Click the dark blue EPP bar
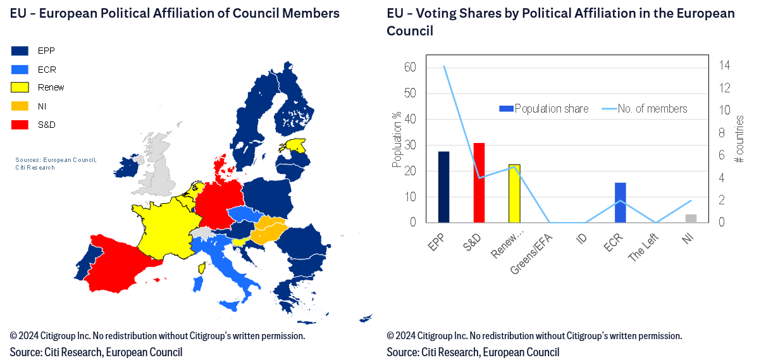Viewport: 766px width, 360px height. [443, 187]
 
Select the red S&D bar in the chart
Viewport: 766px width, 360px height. [479, 183]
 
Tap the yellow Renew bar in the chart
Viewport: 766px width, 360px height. [514, 194]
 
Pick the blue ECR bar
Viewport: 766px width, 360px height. [621, 202]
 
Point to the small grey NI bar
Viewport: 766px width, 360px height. [691, 218]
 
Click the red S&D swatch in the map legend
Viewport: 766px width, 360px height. [20, 125]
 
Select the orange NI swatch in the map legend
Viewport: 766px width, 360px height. [20, 106]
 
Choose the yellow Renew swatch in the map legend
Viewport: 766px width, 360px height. [20, 87]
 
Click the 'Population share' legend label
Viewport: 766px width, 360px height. [552, 109]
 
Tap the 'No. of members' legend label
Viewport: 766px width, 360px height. [652, 109]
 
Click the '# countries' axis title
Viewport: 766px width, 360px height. [739, 140]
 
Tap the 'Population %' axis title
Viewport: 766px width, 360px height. [397, 140]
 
